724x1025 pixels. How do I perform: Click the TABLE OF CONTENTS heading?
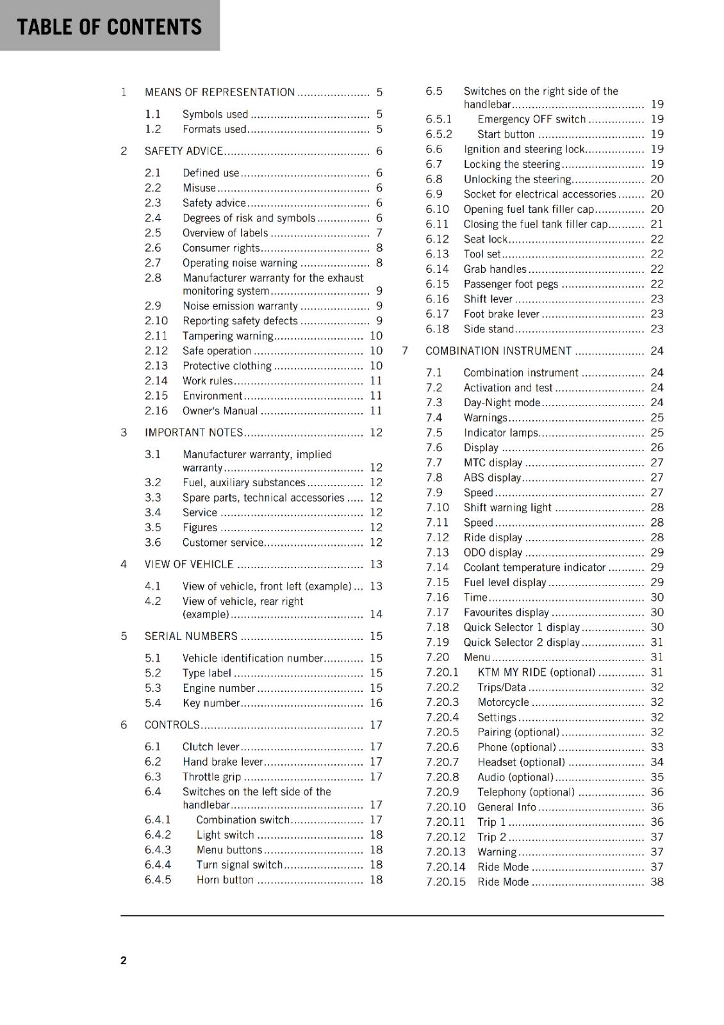(x=109, y=27)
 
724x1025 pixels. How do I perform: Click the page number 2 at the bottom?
(x=124, y=960)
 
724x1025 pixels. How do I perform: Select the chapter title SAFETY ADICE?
(x=183, y=151)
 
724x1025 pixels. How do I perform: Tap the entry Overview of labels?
(x=225, y=233)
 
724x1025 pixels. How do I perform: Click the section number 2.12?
(x=156, y=351)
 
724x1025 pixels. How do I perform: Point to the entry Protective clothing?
(x=227, y=366)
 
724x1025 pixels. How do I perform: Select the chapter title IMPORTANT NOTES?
(x=193, y=432)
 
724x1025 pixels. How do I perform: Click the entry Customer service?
(x=222, y=543)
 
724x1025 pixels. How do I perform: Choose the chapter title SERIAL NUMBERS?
(x=191, y=636)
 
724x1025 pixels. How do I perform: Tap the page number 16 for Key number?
(x=376, y=703)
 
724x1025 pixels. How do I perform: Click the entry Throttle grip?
(x=211, y=777)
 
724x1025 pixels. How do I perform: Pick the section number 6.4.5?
(x=158, y=880)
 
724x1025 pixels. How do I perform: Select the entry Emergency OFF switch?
(x=531, y=119)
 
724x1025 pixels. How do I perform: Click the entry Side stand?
(x=488, y=329)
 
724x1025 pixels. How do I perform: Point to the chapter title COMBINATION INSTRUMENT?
(x=498, y=351)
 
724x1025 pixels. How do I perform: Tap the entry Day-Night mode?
(x=502, y=403)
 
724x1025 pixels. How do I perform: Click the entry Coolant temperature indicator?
(x=534, y=568)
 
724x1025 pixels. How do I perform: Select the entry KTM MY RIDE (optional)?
(x=536, y=673)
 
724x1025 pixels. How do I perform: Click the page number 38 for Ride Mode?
(x=657, y=882)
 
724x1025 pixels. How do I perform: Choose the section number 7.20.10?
(x=446, y=807)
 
